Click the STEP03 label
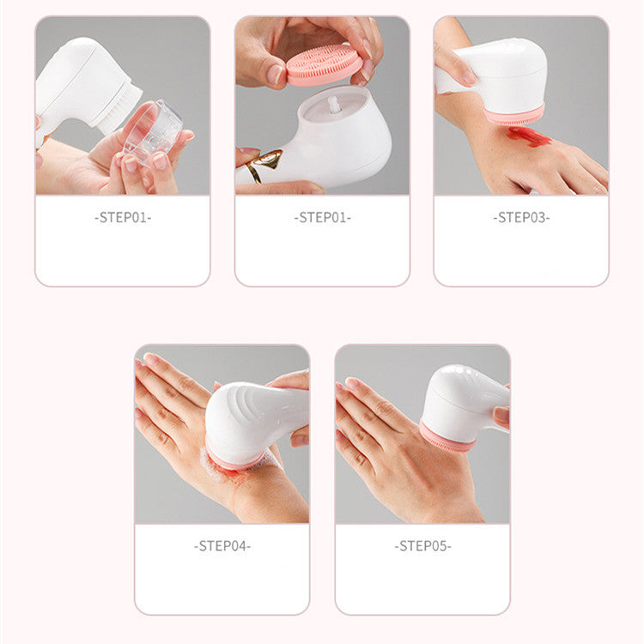[520, 217]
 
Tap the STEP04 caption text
[222, 545]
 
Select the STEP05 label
[422, 545]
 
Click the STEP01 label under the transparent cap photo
[122, 217]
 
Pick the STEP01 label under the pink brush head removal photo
[322, 217]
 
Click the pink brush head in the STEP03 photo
[513, 115]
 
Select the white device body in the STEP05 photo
[464, 399]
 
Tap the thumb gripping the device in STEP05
[501, 416]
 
